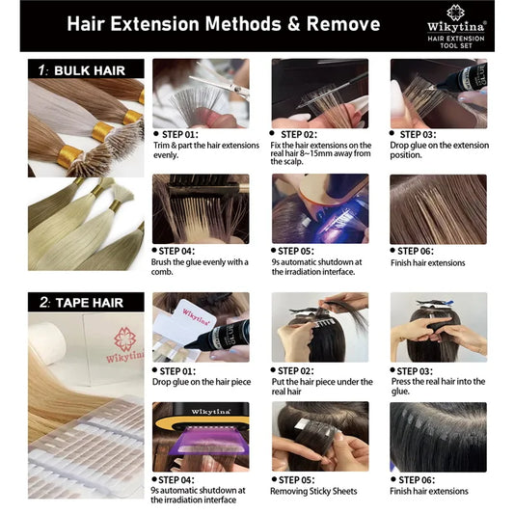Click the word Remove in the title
coord(343,24)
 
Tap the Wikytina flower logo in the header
coord(455,13)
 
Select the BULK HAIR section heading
coord(90,70)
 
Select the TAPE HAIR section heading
coord(89,303)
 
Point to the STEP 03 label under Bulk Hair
coord(418,134)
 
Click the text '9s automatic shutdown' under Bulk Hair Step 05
coord(316,262)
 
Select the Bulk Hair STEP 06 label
coord(416,251)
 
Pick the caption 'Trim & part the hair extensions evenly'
coord(206,149)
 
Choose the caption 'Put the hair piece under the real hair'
coord(322,387)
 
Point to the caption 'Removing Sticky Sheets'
coord(313,491)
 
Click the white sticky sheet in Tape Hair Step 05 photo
coord(302,424)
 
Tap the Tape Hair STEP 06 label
coord(417,480)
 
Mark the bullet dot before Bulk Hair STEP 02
coord(272,133)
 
